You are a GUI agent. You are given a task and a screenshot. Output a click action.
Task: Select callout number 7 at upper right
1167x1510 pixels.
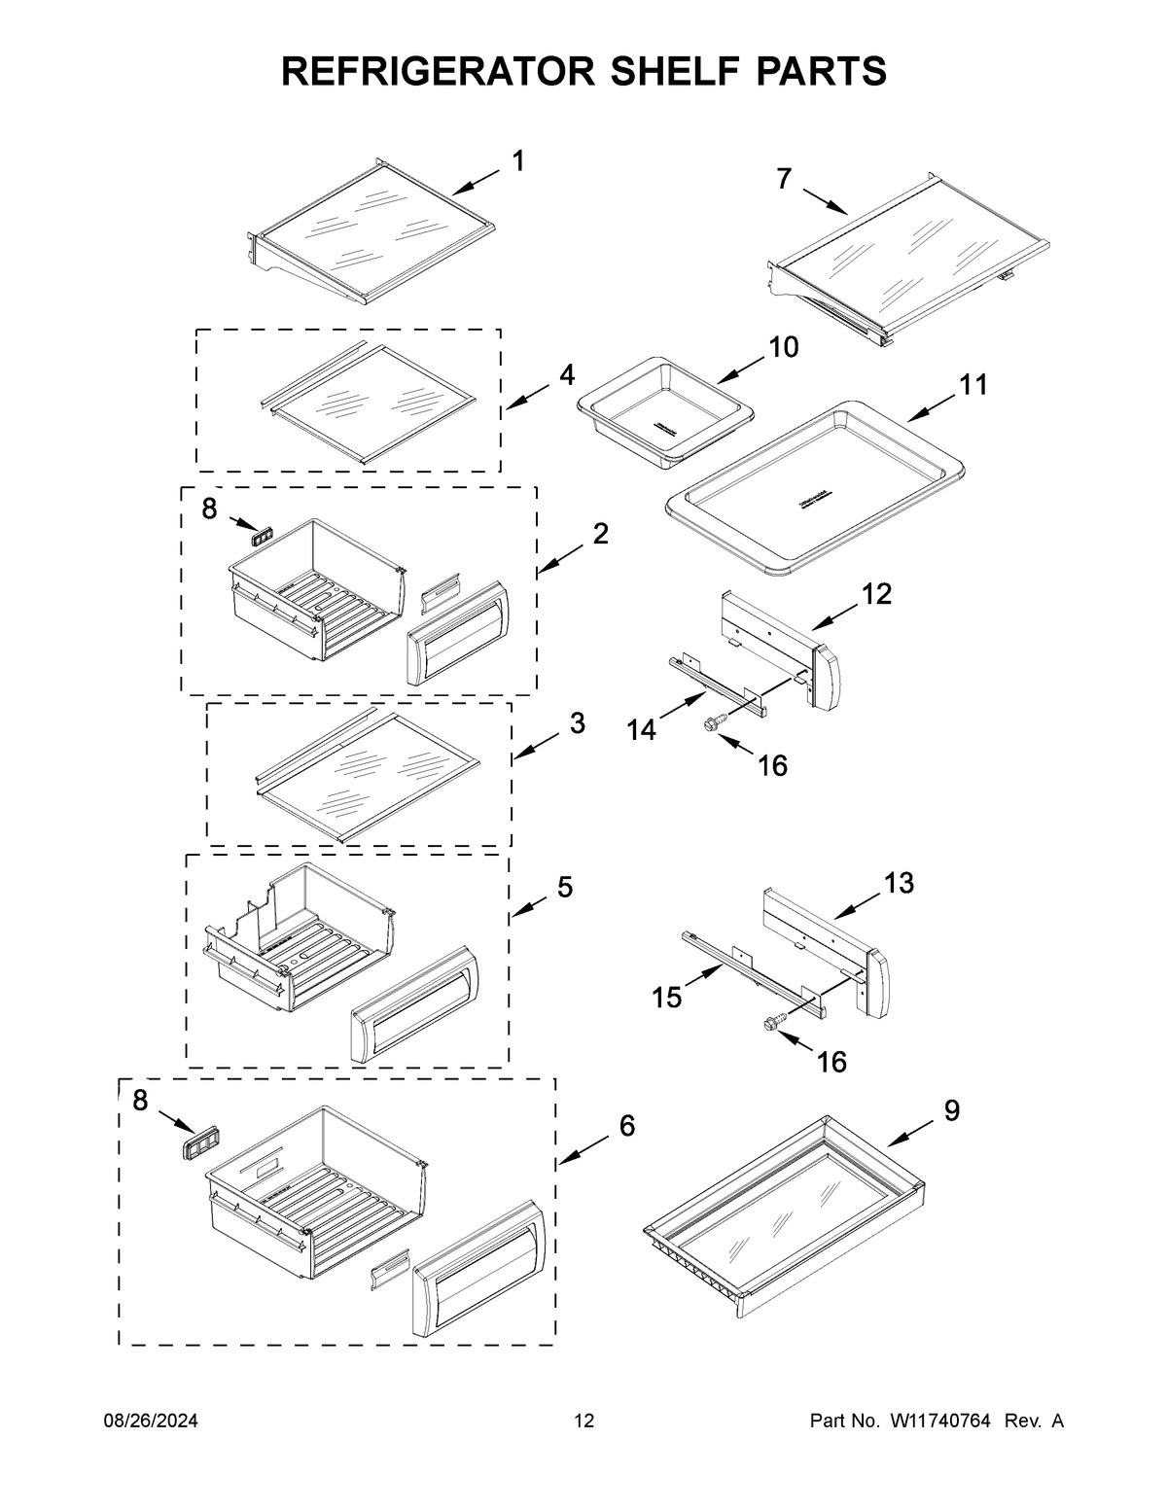tap(784, 179)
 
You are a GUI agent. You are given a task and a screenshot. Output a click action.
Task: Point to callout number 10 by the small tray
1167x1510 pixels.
tap(784, 347)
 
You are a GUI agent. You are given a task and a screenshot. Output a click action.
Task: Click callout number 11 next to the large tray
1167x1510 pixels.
tap(973, 385)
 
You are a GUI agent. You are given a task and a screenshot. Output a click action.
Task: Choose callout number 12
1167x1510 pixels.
tap(876, 594)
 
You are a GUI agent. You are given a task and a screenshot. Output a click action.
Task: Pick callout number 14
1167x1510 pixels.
tap(641, 729)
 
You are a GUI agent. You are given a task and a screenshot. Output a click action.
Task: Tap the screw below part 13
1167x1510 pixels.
tap(774, 1022)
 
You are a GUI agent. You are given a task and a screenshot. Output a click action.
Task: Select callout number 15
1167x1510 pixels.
tap(666, 998)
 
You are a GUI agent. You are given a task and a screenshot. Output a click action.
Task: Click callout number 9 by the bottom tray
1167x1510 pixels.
tap(951, 1110)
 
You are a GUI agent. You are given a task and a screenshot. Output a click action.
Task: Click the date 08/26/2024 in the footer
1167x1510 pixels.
tap(151, 1422)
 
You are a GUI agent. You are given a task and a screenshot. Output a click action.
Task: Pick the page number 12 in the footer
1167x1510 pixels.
tap(583, 1422)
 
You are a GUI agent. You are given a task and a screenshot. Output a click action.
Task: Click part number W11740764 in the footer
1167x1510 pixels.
tap(939, 1422)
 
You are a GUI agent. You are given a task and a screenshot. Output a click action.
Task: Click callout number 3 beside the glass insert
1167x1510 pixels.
tap(577, 724)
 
